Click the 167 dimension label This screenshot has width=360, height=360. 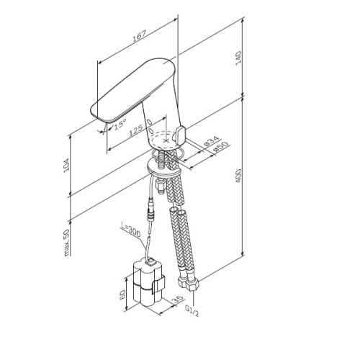click(140, 36)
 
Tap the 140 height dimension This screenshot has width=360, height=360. click(238, 58)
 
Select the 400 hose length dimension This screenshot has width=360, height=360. click(238, 176)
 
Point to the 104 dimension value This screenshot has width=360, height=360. click(66, 164)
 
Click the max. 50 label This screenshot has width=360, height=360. click(67, 243)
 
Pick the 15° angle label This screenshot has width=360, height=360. click(120, 125)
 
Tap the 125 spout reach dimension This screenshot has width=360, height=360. click(136, 131)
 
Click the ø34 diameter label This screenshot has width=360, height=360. click(212, 142)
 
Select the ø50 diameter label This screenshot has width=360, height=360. click(220, 147)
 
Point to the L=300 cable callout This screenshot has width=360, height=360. click(130, 230)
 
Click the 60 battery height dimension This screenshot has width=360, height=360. click(122, 294)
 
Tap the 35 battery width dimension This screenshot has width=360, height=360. click(178, 300)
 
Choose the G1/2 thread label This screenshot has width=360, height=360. click(192, 310)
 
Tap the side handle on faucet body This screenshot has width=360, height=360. click(180, 135)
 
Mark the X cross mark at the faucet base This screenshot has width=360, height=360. click(166, 141)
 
